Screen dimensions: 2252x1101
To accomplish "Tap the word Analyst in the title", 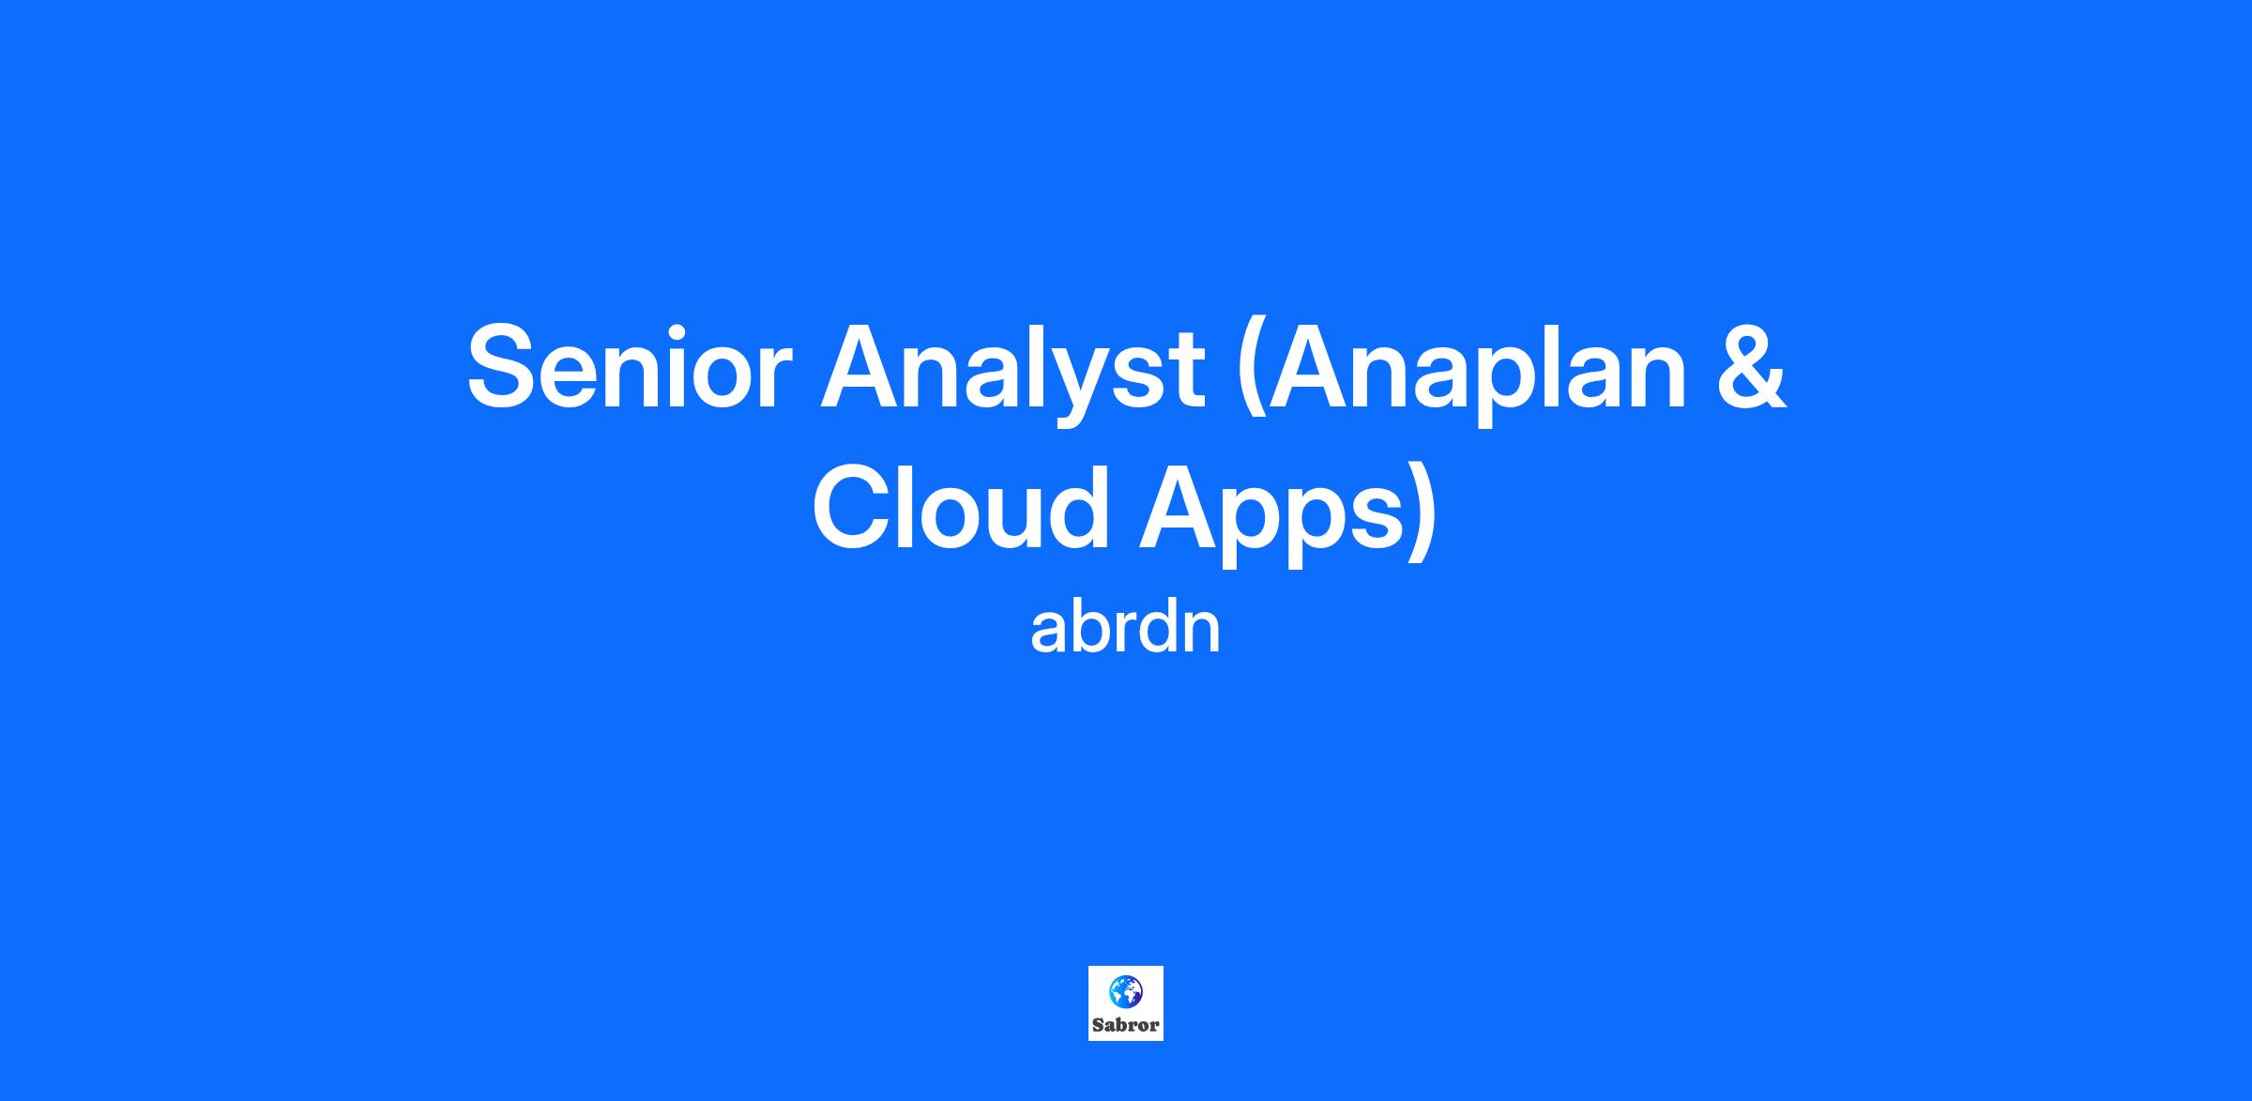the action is pos(1012,371).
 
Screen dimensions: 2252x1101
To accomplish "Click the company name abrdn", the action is pos(1125,628).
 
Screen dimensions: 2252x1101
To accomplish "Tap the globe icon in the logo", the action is pos(1125,990).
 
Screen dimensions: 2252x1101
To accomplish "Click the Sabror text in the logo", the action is pos(1125,1025).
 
